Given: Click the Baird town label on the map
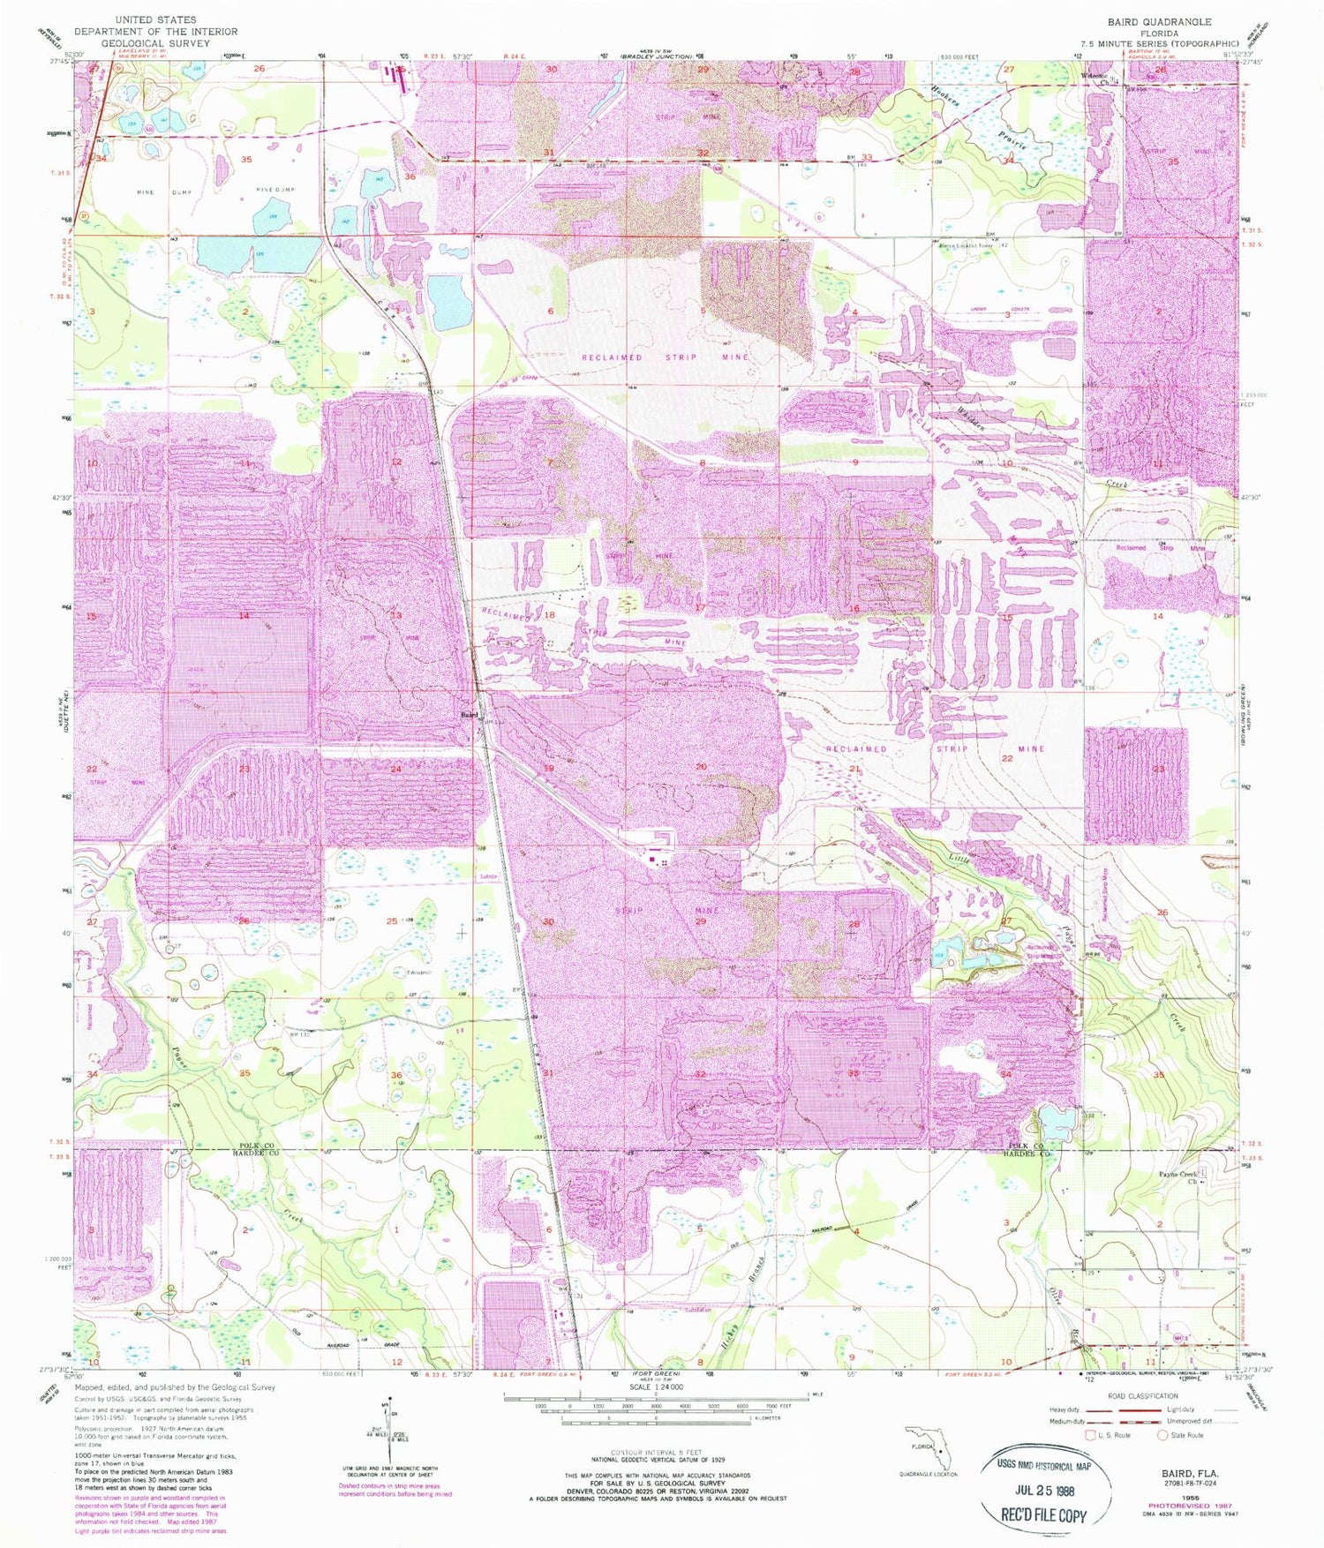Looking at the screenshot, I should pyautogui.click(x=468, y=715).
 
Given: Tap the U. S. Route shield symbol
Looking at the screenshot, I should pyautogui.click(x=1090, y=1435).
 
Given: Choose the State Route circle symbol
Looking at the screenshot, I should pyautogui.click(x=1165, y=1435).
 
